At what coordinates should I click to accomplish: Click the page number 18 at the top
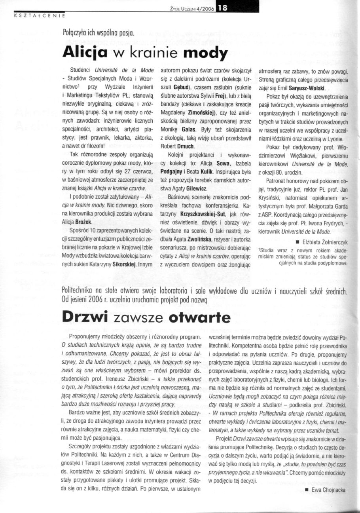[219, 11]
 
